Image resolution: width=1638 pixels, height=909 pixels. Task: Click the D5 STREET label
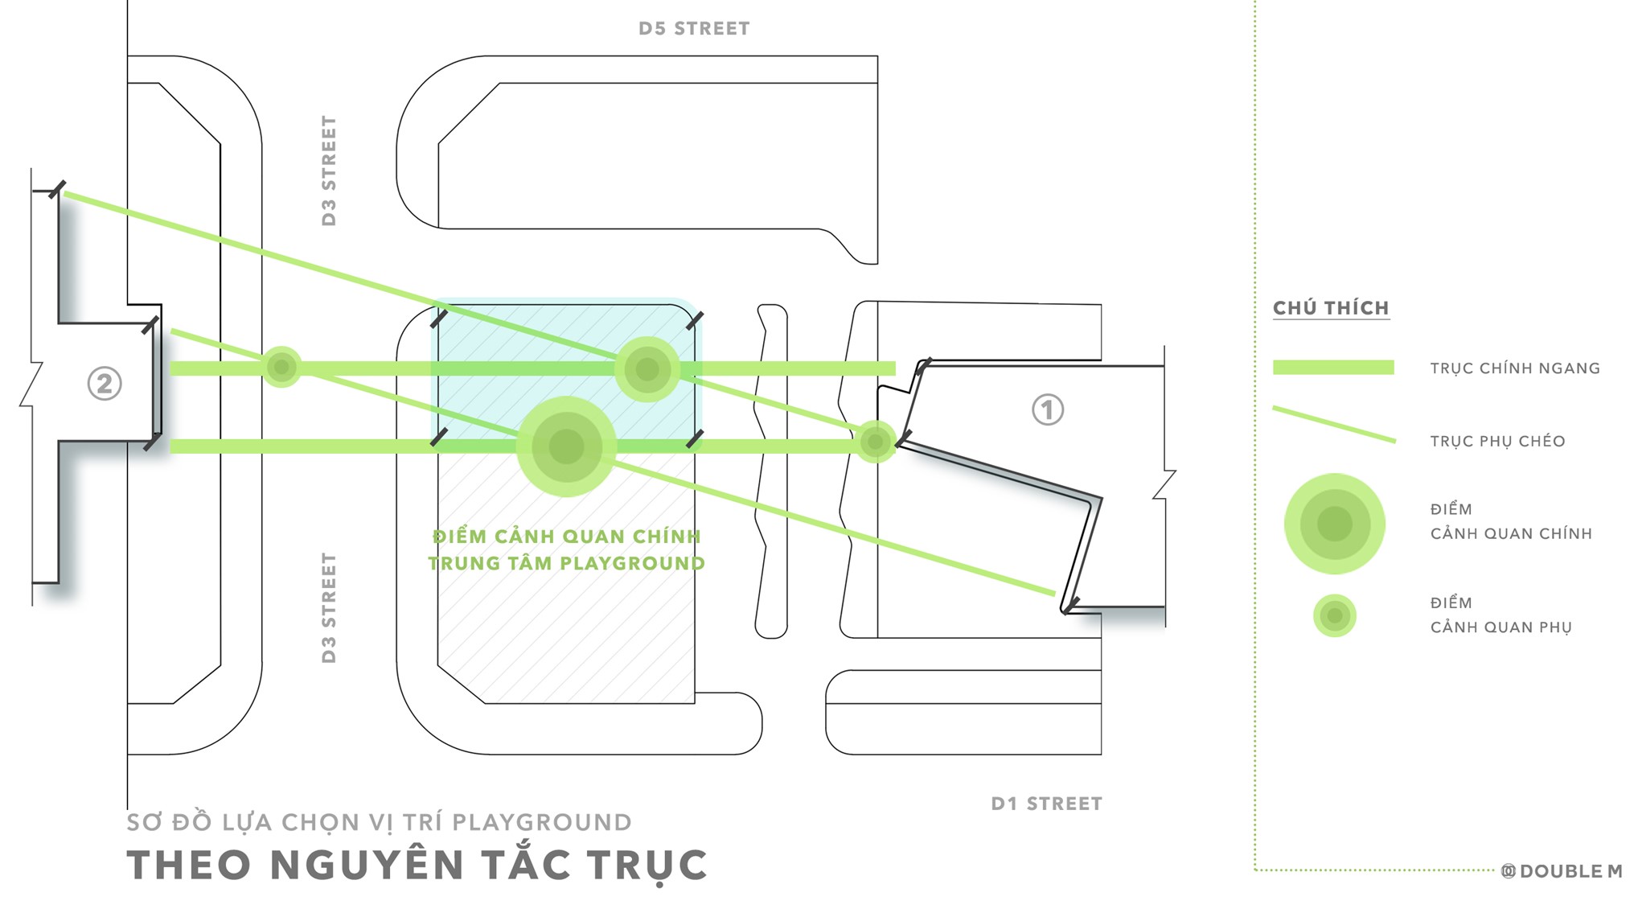pyautogui.click(x=694, y=29)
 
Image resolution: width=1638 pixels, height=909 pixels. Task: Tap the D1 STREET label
pyautogui.click(x=1046, y=804)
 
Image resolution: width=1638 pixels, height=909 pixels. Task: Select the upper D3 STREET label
pyautogui.click(x=329, y=171)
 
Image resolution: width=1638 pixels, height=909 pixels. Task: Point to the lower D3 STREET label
pyautogui.click(x=329, y=607)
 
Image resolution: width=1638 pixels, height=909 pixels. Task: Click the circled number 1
pyautogui.click(x=1047, y=409)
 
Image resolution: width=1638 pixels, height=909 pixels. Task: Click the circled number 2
pyautogui.click(x=105, y=384)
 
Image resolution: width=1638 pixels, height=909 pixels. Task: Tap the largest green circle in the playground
pyautogui.click(x=566, y=446)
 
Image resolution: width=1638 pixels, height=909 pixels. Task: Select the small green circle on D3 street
pyautogui.click(x=281, y=368)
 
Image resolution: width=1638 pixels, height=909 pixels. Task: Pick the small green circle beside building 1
pyautogui.click(x=875, y=441)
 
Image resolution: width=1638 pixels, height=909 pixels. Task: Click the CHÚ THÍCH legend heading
pyautogui.click(x=1331, y=308)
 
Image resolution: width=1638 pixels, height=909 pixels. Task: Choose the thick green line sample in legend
pyautogui.click(x=1333, y=368)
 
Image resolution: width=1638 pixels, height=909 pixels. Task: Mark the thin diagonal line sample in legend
pyautogui.click(x=1334, y=425)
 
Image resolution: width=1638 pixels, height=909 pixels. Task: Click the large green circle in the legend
pyautogui.click(x=1334, y=524)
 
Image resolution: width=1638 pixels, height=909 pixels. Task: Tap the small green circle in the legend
pyautogui.click(x=1334, y=616)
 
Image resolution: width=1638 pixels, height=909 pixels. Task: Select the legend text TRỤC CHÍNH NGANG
pyautogui.click(x=1515, y=368)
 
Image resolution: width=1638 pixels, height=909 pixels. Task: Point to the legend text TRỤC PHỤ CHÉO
pyautogui.click(x=1497, y=441)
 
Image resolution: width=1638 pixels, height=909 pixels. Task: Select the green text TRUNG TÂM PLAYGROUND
pyautogui.click(x=566, y=563)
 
